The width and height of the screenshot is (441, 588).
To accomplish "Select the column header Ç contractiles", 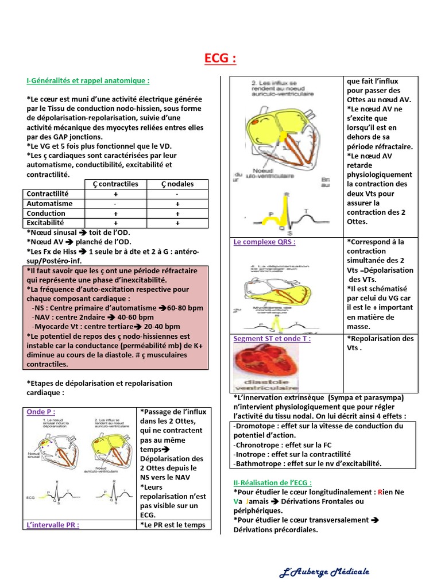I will point(115,184).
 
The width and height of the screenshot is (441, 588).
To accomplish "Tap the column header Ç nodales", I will point(177,184).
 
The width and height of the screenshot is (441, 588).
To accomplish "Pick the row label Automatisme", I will point(50,204).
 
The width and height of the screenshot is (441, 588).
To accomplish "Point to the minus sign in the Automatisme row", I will point(115,204).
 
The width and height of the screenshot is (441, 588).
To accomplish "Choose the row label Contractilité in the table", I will point(48,194).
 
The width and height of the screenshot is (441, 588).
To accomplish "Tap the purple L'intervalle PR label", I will point(53,525).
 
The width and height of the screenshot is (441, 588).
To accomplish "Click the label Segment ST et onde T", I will point(272,339).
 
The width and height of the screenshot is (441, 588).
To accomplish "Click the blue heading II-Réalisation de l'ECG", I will point(273,483).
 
